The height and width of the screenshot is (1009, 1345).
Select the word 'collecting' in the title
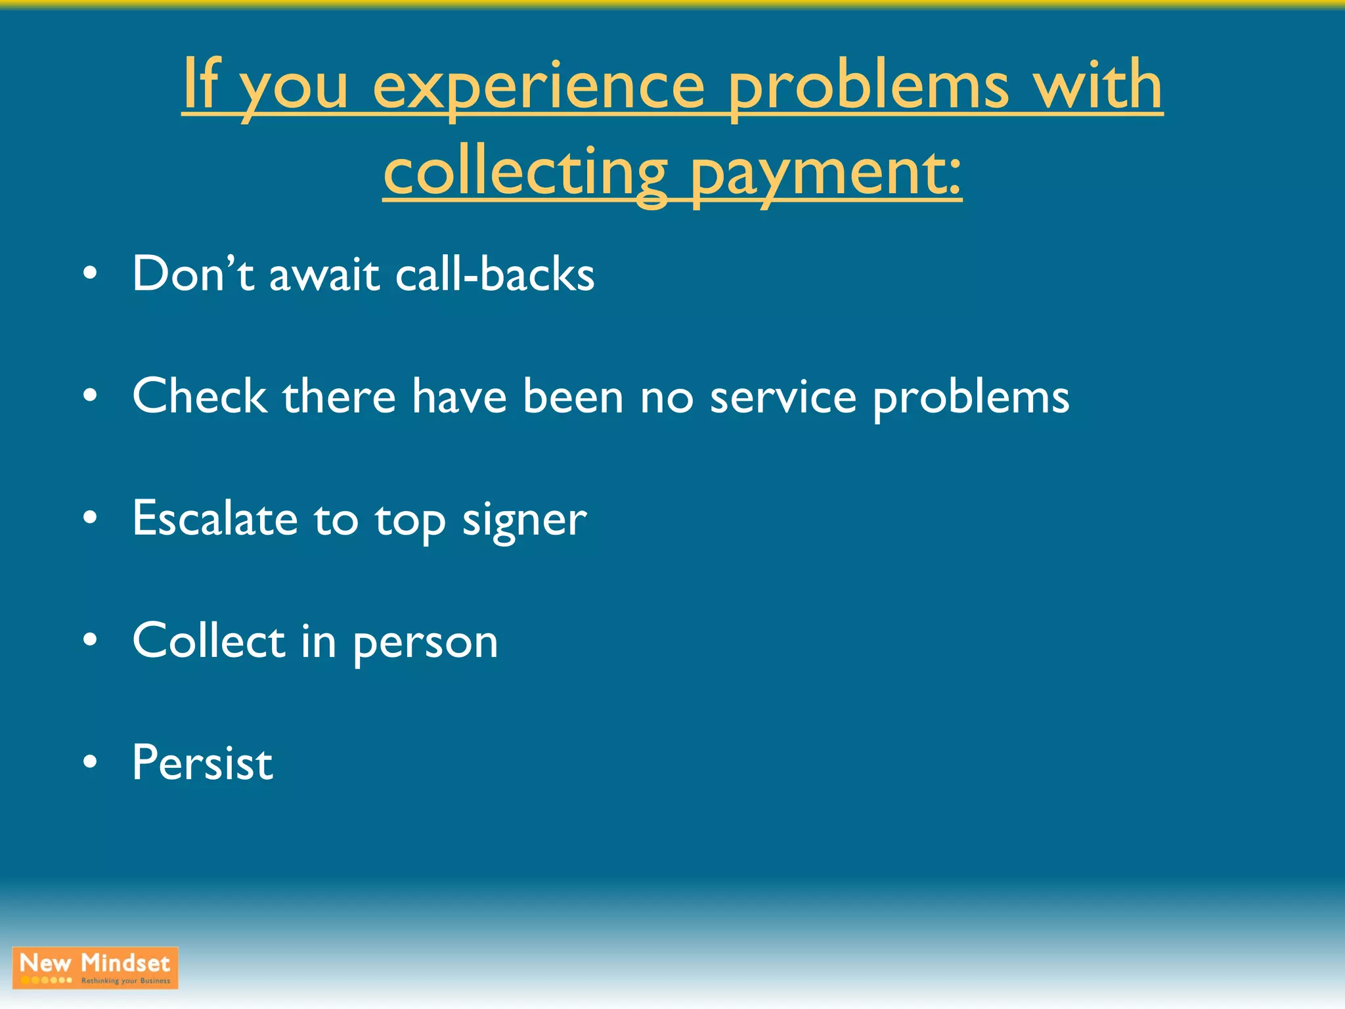point(525,172)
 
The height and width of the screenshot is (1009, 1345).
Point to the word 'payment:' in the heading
point(826,173)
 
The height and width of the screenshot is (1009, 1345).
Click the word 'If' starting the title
point(200,84)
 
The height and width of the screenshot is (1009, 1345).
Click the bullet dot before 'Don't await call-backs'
point(91,273)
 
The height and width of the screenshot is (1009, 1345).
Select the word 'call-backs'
point(495,273)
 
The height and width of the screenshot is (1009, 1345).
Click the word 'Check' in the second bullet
point(200,396)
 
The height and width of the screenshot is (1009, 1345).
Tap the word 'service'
point(783,397)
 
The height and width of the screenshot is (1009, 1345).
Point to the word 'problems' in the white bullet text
point(971,399)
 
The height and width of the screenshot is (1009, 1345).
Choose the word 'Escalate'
point(215,518)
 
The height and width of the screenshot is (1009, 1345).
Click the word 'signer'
point(524,521)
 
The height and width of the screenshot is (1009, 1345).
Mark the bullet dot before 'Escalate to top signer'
point(91,518)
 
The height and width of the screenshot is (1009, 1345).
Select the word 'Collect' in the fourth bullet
point(208,640)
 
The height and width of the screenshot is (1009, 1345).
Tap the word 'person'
point(426,643)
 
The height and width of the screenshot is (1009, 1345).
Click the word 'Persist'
point(202,763)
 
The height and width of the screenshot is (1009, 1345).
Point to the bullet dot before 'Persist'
point(91,763)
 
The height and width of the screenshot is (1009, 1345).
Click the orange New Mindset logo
point(95,968)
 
